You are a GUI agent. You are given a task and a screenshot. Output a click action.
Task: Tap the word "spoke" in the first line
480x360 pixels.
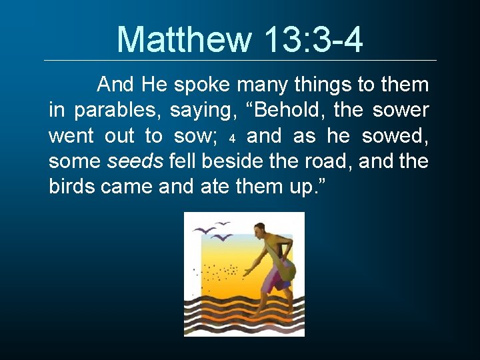[x=201, y=85]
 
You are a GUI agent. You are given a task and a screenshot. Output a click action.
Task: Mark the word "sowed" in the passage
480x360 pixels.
[x=395, y=136]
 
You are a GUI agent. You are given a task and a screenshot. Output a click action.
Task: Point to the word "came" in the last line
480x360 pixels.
[x=127, y=187]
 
